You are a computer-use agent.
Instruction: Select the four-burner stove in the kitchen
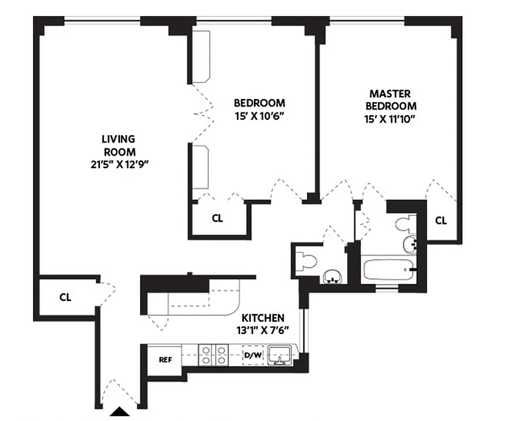213,355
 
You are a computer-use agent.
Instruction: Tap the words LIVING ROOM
118,145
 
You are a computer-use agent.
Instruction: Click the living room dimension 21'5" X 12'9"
118,164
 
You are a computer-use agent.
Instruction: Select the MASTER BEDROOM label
390,99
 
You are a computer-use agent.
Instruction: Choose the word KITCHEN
263,318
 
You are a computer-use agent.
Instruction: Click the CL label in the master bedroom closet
441,221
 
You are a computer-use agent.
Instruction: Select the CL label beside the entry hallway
65,297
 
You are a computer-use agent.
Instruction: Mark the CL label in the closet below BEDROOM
217,218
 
